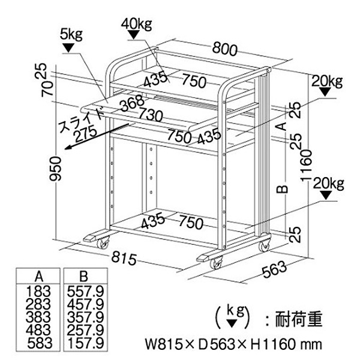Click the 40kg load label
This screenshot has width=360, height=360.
[x=137, y=24]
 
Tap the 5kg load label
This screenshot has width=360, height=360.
[x=71, y=35]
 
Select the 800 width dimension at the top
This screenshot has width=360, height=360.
[x=224, y=50]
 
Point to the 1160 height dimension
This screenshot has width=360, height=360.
[x=307, y=166]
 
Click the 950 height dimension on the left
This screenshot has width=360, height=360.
[x=56, y=169]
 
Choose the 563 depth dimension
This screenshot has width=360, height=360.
[x=275, y=269]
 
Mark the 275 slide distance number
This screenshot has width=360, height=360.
[x=86, y=134]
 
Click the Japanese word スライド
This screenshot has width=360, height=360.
[x=81, y=121]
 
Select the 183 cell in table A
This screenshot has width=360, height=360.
[x=38, y=292]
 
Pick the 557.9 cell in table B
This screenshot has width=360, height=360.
[x=85, y=292]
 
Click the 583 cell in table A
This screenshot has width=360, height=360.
[x=40, y=343]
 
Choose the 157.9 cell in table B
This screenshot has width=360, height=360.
[x=86, y=343]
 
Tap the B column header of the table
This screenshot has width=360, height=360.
[x=83, y=277]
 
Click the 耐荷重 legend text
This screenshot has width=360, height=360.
[x=299, y=319]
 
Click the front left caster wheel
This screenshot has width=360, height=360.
[x=103, y=244]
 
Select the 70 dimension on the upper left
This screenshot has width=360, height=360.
[x=47, y=88]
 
